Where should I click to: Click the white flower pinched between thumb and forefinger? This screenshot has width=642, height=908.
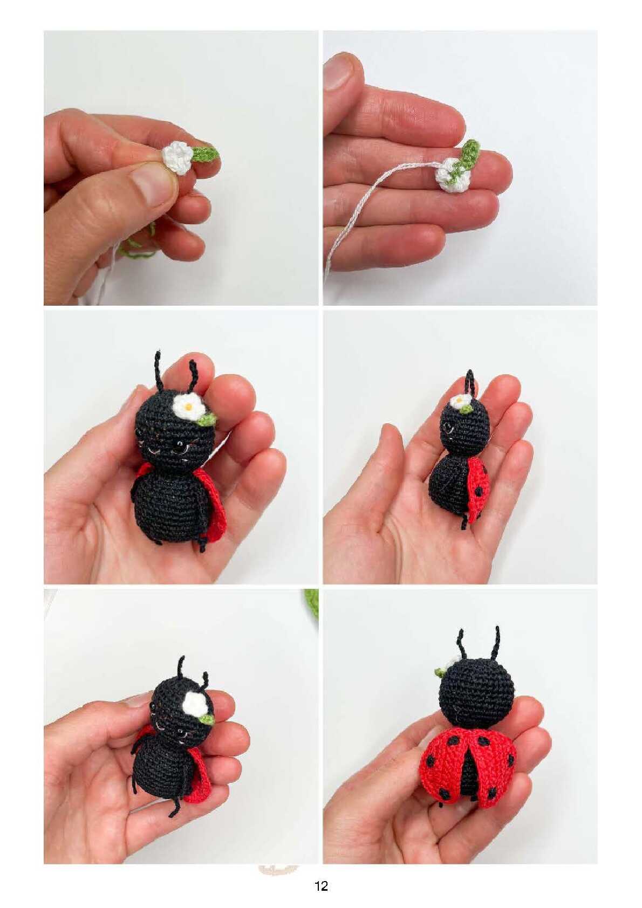pos(178,157)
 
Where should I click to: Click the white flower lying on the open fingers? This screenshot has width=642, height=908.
pos(451,176)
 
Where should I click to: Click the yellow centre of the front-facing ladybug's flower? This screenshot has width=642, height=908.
pos(188,405)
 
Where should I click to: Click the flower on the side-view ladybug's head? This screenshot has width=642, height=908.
pos(461,402)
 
